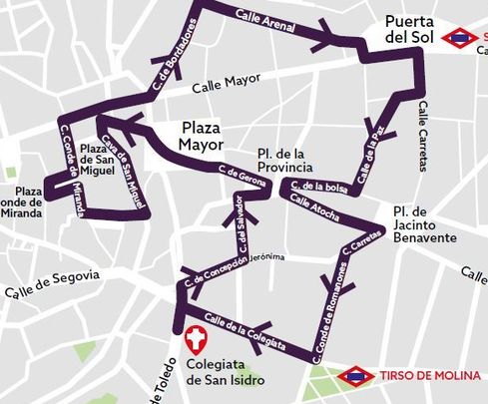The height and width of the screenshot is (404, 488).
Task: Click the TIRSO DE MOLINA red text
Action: point(428,376)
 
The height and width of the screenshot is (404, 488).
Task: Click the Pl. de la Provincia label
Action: point(286,159)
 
